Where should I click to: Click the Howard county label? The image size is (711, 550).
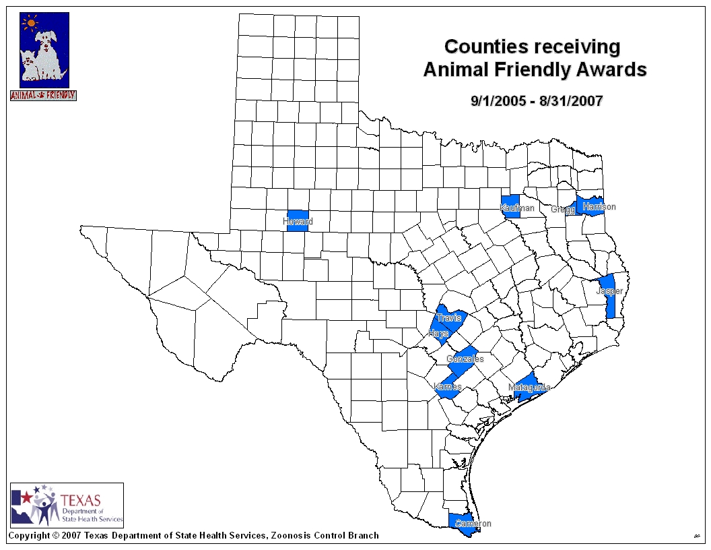(298, 222)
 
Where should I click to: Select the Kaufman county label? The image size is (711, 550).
(517, 208)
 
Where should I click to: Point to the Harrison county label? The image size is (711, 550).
(599, 207)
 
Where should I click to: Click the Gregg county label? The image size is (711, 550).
(563, 210)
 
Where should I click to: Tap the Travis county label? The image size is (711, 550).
(448, 318)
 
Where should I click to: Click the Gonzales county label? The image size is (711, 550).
(465, 359)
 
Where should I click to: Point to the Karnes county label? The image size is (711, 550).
(448, 387)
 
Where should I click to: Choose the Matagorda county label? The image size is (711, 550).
(529, 388)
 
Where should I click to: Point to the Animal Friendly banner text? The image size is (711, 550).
(43, 96)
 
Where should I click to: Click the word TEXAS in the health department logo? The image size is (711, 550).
(80, 500)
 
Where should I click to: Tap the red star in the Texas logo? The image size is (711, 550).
(26, 498)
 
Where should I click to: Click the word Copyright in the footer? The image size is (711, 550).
(28, 536)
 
